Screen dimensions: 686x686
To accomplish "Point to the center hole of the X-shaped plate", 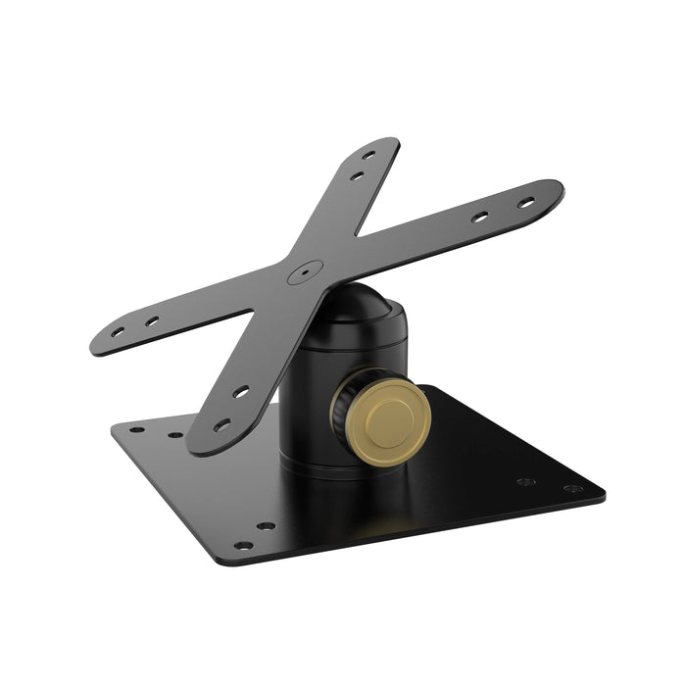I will pos(307,267).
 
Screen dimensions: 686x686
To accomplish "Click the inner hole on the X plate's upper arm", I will pos(358,175).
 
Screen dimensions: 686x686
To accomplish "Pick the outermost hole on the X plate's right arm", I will pos(526,203).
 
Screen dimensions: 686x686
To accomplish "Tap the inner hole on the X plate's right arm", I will pos(480,217).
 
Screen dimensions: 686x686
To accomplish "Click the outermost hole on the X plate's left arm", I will pos(118,332).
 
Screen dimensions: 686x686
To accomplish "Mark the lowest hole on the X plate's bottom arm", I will pos(222,425).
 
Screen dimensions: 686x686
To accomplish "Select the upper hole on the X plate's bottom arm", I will pos(240,391).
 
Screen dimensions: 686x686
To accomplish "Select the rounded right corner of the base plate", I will pos(600,487).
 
